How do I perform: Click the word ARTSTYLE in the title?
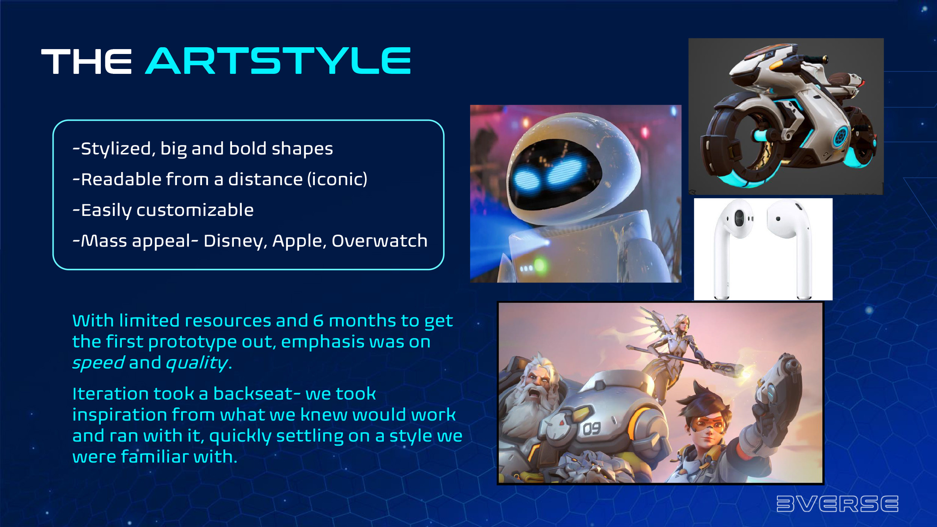[x=278, y=61]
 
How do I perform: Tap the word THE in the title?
[x=87, y=61]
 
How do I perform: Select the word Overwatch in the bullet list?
[x=379, y=241]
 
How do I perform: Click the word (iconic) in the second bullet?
[x=337, y=179]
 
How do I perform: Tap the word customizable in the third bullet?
[x=195, y=210]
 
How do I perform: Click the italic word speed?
[x=98, y=363]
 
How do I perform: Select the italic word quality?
[x=197, y=363]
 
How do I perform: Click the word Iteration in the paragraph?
[x=111, y=394]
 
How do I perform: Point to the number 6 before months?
[x=318, y=321]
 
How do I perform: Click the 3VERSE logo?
[x=837, y=503]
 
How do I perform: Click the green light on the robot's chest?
[x=540, y=265]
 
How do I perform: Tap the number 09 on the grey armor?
[x=591, y=428]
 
